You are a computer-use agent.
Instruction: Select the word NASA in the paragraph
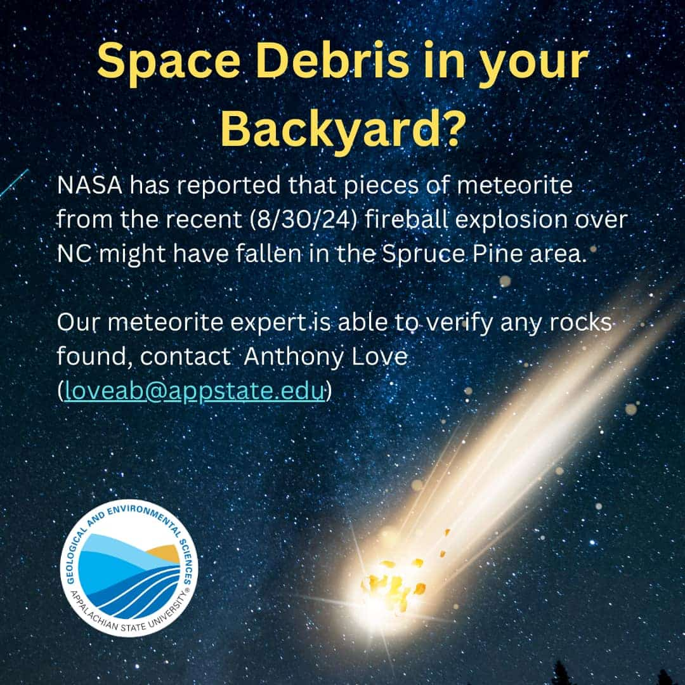click(x=90, y=185)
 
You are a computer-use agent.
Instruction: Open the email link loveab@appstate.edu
click(x=195, y=390)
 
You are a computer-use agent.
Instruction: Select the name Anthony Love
click(x=325, y=357)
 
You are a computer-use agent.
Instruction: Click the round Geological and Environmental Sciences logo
click(x=129, y=568)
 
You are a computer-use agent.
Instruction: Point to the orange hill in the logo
click(x=164, y=553)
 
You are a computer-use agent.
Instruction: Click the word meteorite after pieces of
click(x=514, y=185)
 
